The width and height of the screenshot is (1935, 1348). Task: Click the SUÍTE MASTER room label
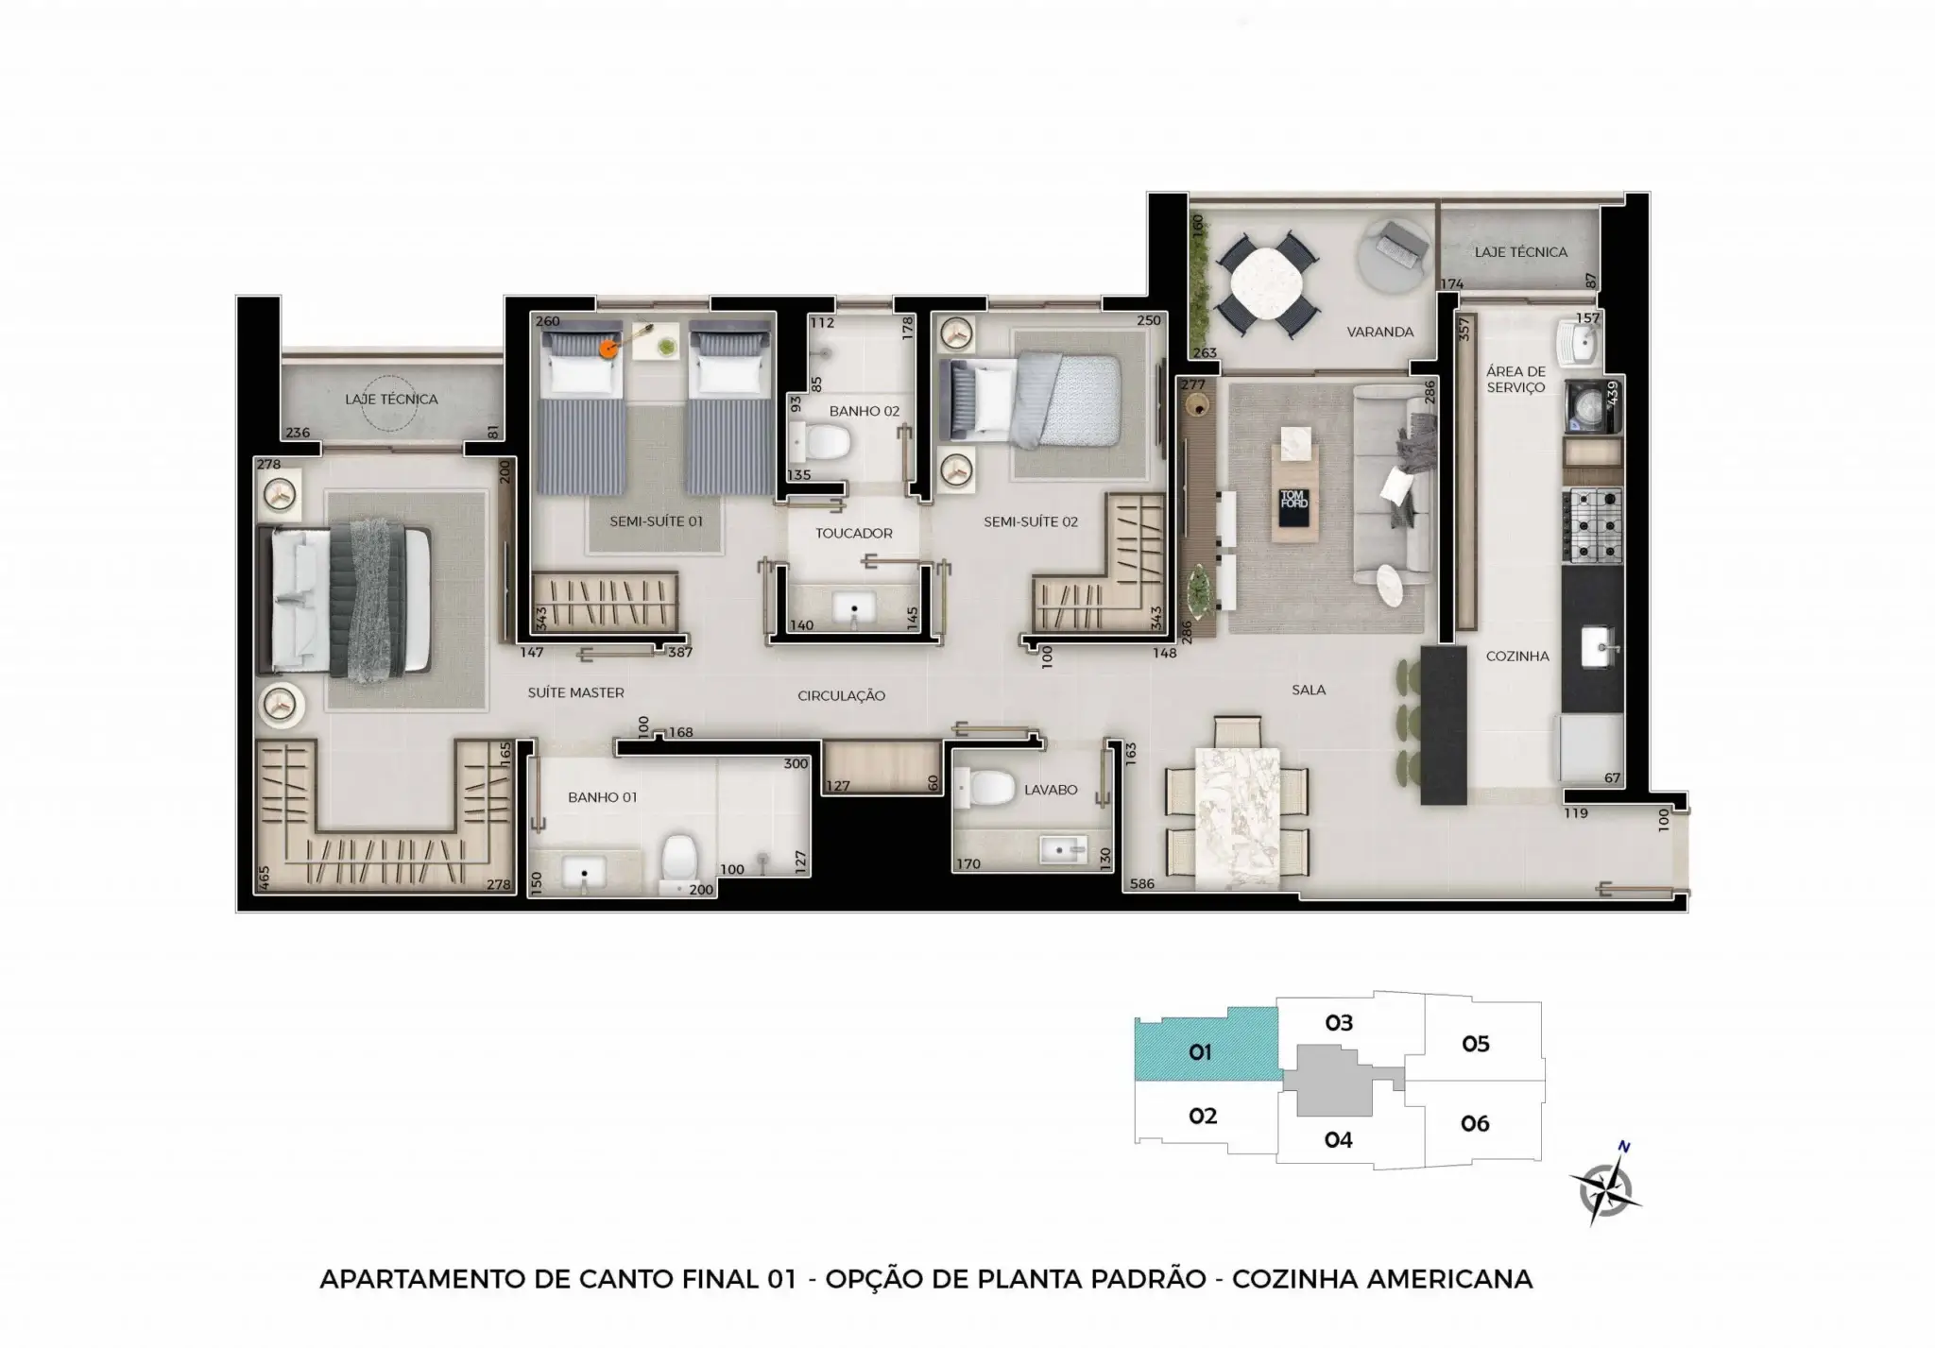click(x=575, y=692)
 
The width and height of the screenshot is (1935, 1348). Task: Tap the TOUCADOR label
click(x=853, y=533)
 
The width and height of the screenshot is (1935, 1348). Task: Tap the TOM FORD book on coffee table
click(x=1293, y=499)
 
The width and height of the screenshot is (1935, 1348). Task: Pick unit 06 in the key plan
click(x=1475, y=1123)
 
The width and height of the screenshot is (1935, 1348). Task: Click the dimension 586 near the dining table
click(x=1142, y=884)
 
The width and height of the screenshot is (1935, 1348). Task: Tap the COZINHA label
click(x=1517, y=656)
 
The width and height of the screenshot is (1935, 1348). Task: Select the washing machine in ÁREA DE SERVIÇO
click(x=1592, y=407)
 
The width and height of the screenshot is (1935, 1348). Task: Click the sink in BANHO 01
click(x=585, y=871)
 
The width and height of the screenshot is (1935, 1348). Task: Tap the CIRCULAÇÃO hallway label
click(x=841, y=695)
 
